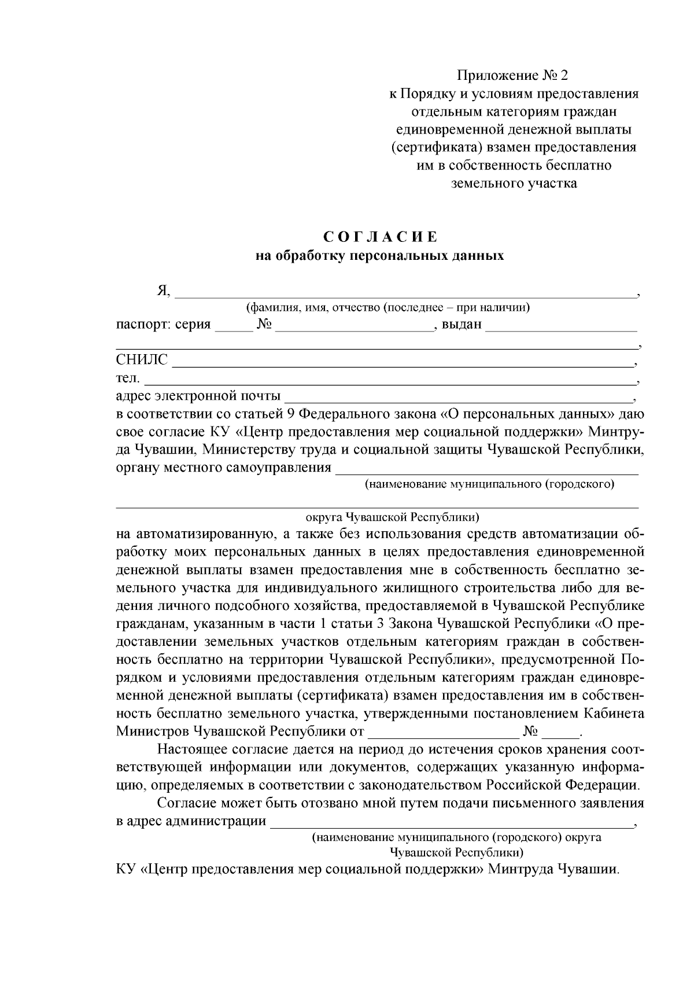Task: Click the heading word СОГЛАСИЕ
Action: pos(380,237)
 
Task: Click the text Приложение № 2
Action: pos(513,75)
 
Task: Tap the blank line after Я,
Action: pos(405,293)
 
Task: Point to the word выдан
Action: pos(462,324)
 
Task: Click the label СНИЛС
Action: pos(142,360)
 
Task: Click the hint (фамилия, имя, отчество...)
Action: pos(387,307)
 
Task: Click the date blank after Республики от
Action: pos(444,735)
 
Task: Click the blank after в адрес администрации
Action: pos(452,825)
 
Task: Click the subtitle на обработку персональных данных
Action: pos(380,255)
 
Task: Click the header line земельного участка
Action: pos(513,183)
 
